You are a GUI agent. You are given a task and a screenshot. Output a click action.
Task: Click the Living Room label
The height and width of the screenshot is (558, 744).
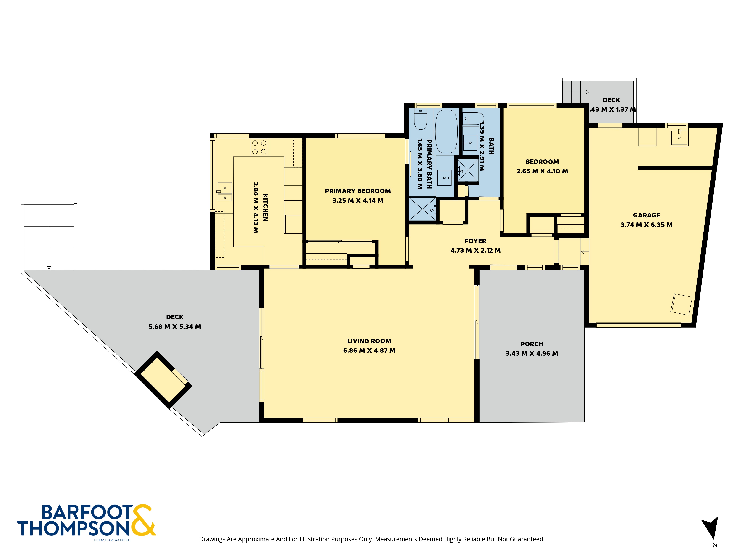[x=369, y=341]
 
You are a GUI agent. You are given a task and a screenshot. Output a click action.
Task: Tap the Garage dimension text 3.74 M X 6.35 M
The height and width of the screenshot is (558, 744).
[x=647, y=225]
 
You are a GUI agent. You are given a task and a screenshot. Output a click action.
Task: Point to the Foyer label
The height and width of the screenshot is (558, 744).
[x=475, y=241]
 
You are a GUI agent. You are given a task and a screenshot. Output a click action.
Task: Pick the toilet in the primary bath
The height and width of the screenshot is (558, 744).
[x=420, y=119]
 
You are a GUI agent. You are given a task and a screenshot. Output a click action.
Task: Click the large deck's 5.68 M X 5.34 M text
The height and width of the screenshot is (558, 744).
[x=175, y=327]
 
